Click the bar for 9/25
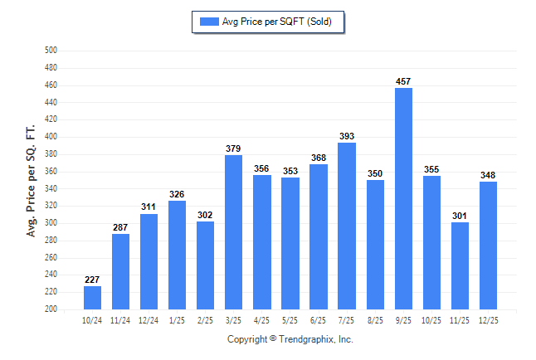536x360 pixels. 403,198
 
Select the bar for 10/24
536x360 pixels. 93,297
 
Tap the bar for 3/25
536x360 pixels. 234,231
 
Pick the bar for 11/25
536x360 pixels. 460,265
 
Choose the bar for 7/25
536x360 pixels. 347,226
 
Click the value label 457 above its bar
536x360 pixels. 403,81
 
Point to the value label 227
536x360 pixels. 93,280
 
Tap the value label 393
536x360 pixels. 347,136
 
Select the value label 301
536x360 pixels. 460,216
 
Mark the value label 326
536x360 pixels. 178,194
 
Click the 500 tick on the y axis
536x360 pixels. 50,51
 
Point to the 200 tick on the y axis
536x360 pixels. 50,309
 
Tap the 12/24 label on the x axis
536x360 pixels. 149,320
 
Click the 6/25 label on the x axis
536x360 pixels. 319,320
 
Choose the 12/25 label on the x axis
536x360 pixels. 488,320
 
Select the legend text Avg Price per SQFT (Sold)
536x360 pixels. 277,22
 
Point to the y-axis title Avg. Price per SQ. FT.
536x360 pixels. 32,181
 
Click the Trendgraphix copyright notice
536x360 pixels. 290,339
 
